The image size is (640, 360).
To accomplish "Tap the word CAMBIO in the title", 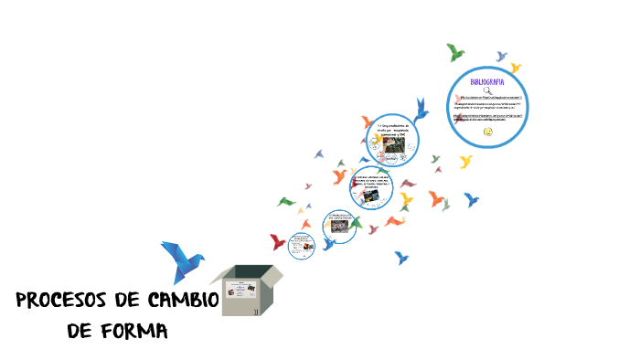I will pos(178,301).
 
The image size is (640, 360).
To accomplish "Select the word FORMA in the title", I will pos(133,330).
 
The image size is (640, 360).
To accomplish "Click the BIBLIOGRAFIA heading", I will pos(487,82).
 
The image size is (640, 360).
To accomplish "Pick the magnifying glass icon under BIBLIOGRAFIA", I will pos(487,90).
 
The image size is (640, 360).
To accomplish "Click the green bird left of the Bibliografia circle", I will pos(454,52).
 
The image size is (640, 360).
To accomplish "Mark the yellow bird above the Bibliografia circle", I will pos(515,68).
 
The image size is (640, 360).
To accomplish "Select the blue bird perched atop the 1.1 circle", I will pos(421,110).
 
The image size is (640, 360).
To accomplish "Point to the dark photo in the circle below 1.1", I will pos(376,193).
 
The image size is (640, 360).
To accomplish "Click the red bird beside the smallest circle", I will pos(277,242).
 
